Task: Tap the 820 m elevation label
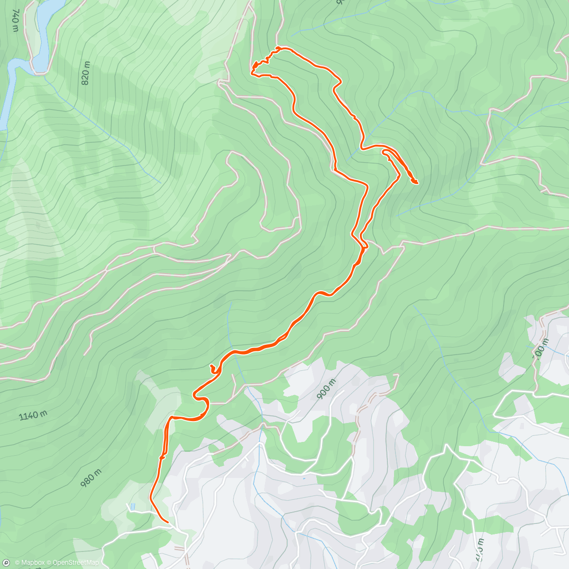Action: tap(85, 74)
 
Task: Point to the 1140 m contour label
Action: tap(33, 416)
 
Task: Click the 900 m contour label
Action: tap(326, 389)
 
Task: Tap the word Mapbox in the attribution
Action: tap(30, 563)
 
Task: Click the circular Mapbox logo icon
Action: tap(6, 563)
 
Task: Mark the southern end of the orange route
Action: tap(168, 522)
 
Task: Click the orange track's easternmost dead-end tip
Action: tap(416, 182)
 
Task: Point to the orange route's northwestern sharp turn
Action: tap(252, 72)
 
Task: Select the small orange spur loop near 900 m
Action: tap(213, 369)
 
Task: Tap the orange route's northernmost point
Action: tap(280, 47)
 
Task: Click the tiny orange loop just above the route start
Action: tap(162, 457)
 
